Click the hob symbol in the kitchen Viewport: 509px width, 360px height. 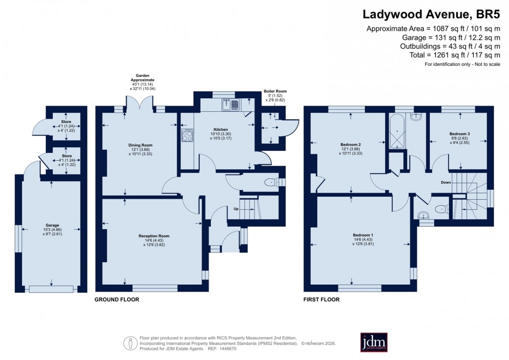pos(188,135)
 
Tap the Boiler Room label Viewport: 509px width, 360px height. pos(275,91)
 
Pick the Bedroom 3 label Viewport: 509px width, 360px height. pos(459,134)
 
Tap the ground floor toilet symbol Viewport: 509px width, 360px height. pos(271,182)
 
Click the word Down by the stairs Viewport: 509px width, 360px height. pos(446,183)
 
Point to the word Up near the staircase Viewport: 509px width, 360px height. pos(238,208)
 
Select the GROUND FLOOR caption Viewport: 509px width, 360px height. pos(117,300)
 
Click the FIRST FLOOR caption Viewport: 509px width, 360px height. pos(321,300)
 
